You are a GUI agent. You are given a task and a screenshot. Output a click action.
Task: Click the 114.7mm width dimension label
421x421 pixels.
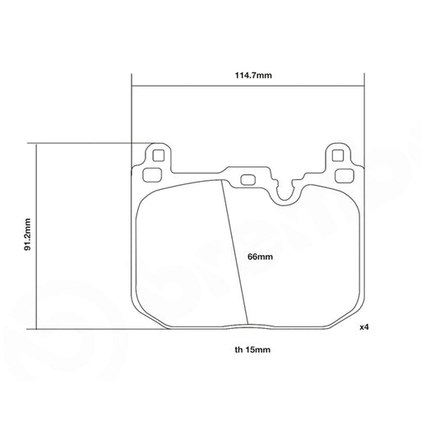click(253, 75)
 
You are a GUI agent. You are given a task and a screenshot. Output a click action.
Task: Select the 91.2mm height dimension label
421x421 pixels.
click(27, 234)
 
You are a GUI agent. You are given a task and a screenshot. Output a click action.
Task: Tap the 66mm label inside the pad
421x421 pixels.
click(260, 257)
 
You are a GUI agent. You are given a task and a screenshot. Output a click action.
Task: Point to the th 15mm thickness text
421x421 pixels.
click(252, 349)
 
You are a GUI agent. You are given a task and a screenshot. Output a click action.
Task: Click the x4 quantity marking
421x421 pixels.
click(364, 327)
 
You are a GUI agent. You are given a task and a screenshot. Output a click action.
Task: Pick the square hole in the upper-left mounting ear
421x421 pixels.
click(158, 155)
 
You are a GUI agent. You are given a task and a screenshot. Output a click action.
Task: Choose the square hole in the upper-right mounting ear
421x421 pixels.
click(337, 155)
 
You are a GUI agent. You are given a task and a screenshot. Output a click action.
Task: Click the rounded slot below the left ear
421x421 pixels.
click(151, 175)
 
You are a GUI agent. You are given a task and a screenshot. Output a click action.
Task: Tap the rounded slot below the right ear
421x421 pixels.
click(345, 175)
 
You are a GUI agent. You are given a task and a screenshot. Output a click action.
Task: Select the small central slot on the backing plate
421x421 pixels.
click(248, 180)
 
